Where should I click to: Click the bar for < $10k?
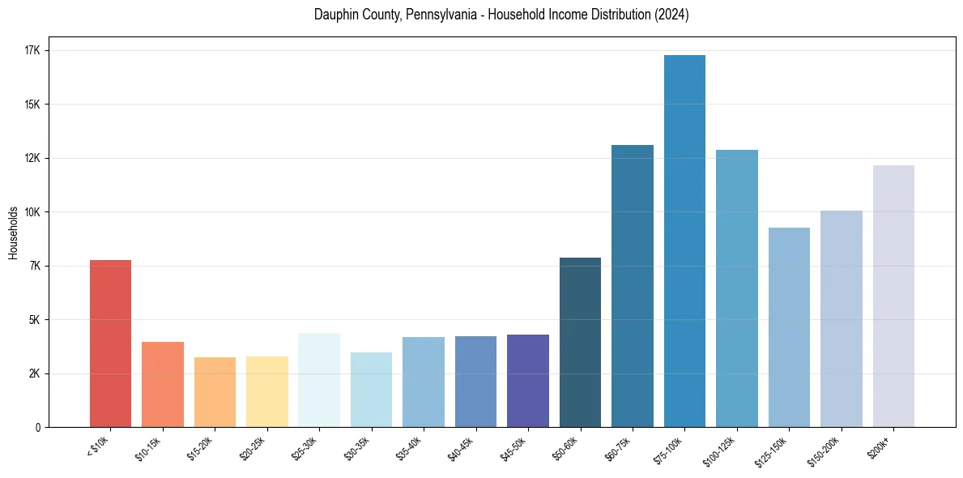point(110,344)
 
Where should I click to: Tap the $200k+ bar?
point(893,296)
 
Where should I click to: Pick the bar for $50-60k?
point(580,342)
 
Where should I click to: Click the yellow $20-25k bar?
point(267,391)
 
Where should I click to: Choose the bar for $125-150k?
point(789,327)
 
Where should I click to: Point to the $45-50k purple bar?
point(528,381)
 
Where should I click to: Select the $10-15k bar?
point(163,384)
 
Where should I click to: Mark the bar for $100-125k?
point(737,288)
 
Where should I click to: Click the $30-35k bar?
point(371,390)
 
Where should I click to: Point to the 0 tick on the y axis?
point(37,427)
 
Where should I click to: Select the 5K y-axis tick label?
point(35,320)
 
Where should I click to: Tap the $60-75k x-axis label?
point(617,447)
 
